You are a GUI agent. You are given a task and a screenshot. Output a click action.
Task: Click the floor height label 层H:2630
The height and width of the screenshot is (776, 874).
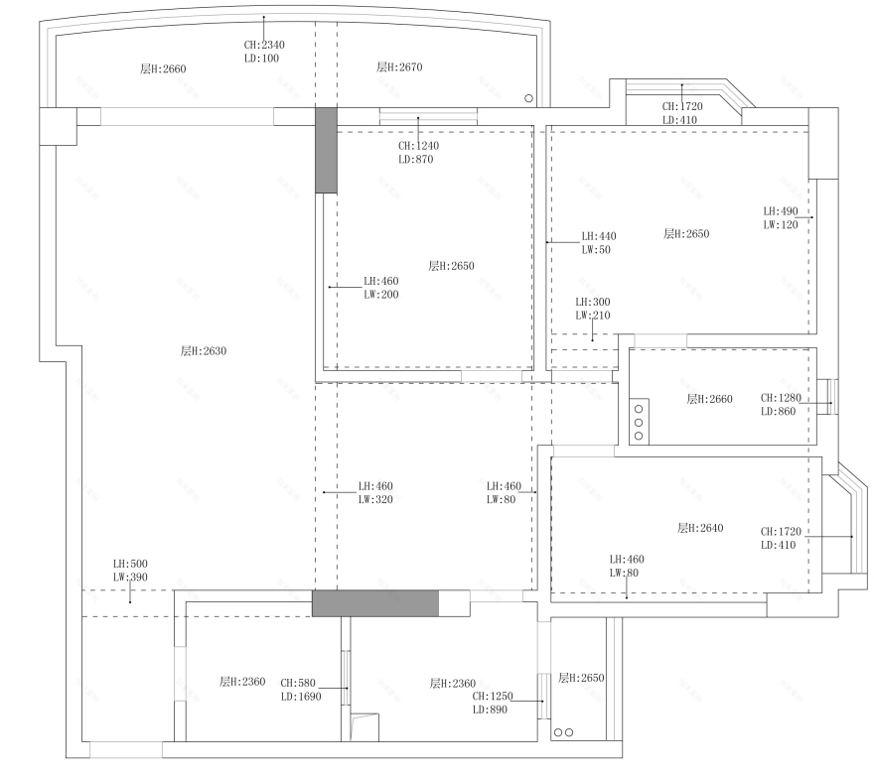point(204,351)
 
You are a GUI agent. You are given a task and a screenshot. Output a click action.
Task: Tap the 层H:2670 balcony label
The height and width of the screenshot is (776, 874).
point(399,67)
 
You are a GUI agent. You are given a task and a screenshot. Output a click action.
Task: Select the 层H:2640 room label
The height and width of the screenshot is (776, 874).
point(700,528)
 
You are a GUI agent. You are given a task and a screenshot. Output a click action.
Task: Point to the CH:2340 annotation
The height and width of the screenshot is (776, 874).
point(264,45)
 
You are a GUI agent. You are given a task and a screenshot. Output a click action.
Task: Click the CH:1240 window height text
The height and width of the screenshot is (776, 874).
point(418,146)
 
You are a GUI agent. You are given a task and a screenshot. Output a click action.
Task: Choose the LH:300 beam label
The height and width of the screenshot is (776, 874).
point(593,302)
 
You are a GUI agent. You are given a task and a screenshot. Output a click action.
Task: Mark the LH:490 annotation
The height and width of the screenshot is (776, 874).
point(781,211)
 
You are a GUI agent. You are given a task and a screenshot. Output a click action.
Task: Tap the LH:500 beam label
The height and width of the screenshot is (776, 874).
point(130,564)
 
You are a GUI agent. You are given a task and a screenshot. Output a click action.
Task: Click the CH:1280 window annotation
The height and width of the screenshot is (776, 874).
point(781,398)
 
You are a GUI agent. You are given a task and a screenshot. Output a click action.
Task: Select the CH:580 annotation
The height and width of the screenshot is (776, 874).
point(298,683)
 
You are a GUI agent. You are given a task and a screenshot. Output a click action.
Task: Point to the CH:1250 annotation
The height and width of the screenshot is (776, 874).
point(493,697)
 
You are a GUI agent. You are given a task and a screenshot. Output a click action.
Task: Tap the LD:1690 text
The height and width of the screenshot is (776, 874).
point(300,697)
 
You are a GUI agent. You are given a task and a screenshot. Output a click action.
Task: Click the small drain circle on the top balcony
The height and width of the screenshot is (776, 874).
point(528,97)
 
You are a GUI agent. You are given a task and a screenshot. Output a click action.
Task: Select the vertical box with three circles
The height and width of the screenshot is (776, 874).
point(638,421)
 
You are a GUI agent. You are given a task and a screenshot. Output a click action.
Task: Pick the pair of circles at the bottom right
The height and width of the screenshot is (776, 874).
point(562,733)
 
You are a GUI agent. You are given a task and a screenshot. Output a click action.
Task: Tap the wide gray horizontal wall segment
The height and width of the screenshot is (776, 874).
point(375,603)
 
